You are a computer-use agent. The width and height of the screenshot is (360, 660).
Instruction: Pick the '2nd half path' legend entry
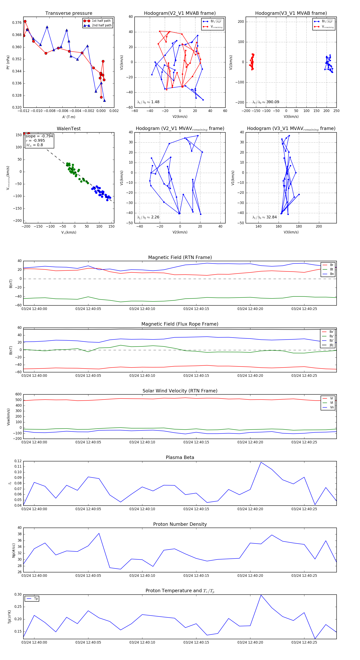(x=101, y=25)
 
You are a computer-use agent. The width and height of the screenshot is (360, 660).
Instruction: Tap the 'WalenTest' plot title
(x=69, y=129)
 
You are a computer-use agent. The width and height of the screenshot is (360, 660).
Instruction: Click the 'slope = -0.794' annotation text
(x=39, y=136)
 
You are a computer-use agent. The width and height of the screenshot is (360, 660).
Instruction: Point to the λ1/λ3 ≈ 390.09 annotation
(x=266, y=102)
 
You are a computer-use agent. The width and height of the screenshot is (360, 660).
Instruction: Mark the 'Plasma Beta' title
(x=180, y=458)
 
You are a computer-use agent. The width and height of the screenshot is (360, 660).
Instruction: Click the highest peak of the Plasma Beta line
(x=261, y=462)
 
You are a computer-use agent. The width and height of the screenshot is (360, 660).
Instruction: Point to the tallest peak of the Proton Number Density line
(x=99, y=533)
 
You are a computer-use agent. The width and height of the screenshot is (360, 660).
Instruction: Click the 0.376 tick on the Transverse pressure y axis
(x=17, y=23)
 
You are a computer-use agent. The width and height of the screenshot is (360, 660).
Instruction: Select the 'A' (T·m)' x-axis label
(x=69, y=117)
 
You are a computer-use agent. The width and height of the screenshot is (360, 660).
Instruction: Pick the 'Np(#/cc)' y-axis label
(x=14, y=550)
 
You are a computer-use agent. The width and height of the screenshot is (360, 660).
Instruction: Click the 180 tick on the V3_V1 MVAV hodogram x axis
(x=299, y=226)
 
